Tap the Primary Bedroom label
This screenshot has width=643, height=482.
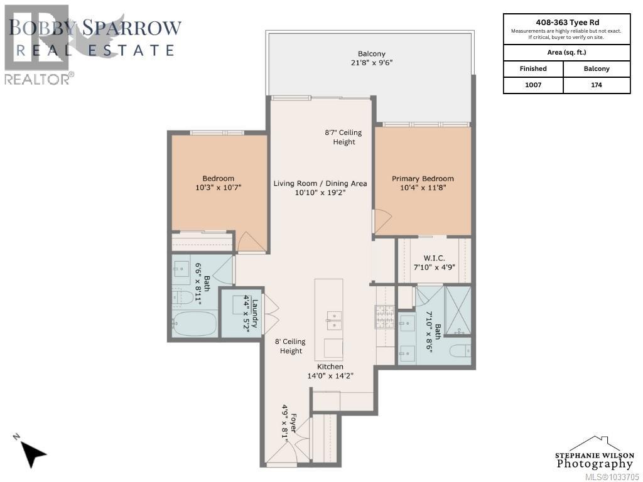click(x=423, y=178)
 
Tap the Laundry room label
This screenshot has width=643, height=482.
click(x=250, y=316)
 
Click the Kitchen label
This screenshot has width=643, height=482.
click(x=330, y=367)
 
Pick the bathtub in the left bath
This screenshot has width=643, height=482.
click(x=194, y=324)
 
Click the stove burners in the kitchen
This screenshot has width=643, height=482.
click(x=381, y=316)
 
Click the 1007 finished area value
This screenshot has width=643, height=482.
click(x=532, y=85)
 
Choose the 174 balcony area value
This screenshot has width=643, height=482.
click(x=597, y=85)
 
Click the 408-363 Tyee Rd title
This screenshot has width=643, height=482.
click(x=566, y=21)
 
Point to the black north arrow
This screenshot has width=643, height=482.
click(x=32, y=451)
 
